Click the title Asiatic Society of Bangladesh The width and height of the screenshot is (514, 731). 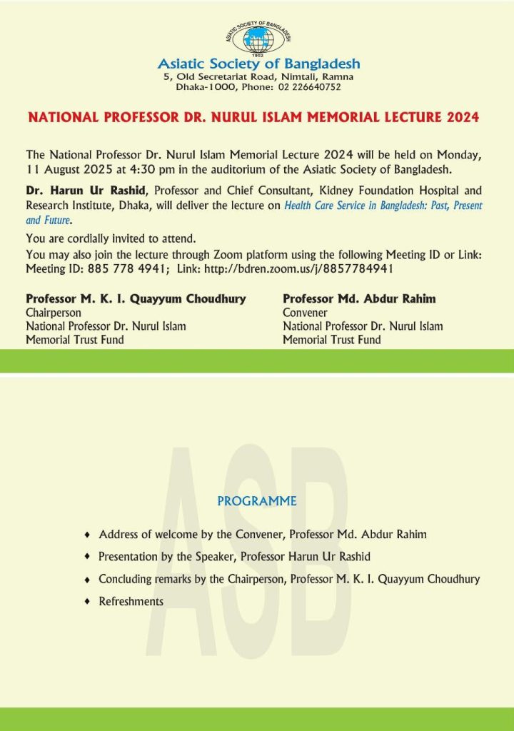[x=258, y=64]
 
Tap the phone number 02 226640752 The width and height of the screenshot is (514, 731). [x=305, y=87]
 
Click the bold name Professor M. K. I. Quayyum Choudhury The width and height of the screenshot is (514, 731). [x=136, y=298]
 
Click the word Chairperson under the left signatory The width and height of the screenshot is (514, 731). [x=54, y=313]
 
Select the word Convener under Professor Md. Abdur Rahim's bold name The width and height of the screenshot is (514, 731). [x=305, y=313]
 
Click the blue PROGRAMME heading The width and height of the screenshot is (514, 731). [x=256, y=501]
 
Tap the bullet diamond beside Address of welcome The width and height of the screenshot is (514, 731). [x=87, y=534]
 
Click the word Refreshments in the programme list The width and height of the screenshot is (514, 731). [x=131, y=601]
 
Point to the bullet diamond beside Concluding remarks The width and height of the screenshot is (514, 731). [x=87, y=579]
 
